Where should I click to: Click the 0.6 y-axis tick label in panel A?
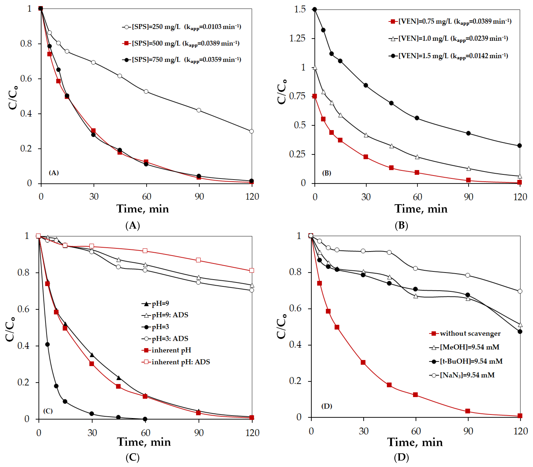point(26,79)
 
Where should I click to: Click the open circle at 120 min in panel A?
point(252,131)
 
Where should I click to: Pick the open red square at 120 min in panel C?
point(252,271)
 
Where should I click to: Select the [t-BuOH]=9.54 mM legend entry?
point(471,361)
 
